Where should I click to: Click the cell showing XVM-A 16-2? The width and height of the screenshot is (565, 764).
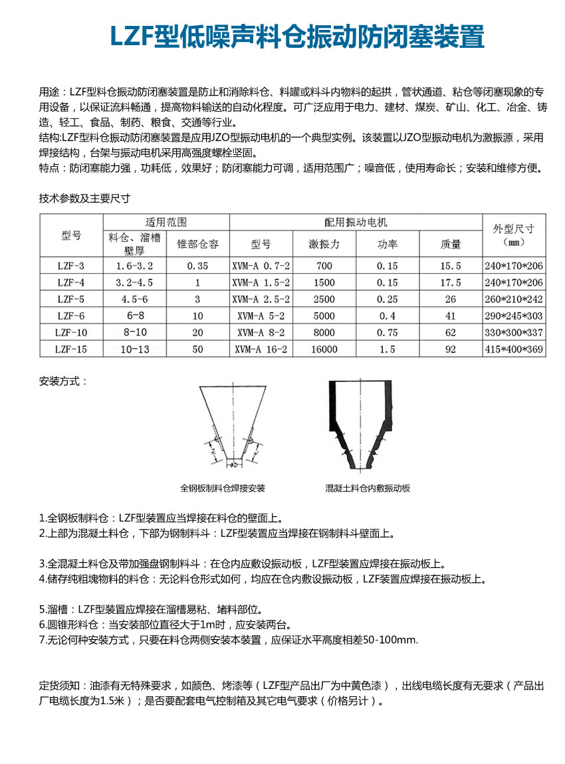pos(261,349)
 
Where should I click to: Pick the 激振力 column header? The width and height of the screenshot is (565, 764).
pos(324,244)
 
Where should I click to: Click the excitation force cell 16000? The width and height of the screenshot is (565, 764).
pos(324,349)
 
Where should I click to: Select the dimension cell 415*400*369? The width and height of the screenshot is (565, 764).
pos(514,349)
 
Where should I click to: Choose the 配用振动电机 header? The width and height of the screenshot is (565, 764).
pos(356,222)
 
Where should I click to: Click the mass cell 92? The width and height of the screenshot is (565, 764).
pos(451,349)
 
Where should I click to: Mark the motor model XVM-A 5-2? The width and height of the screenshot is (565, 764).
pos(261,316)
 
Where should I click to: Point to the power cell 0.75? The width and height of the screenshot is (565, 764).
pos(387,332)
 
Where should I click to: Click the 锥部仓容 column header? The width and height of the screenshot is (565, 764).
pos(197,244)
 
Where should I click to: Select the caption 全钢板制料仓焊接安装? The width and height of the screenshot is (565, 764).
pos(223,488)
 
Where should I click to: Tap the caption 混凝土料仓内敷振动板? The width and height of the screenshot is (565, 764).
pos(368,488)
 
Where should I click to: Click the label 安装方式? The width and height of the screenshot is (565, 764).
pos(64,381)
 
